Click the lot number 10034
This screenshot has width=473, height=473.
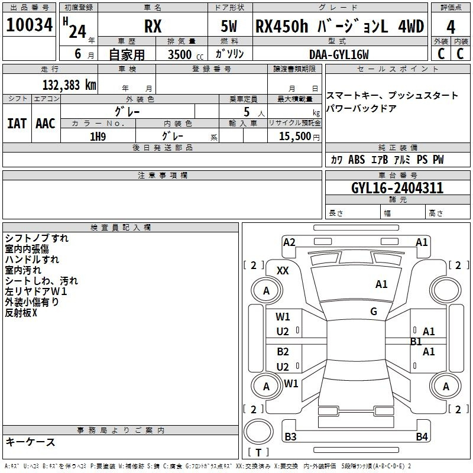pos(29,25)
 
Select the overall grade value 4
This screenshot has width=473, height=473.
pos(451,27)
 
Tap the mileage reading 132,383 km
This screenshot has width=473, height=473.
pos(69,85)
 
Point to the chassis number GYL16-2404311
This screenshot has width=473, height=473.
pos(397,188)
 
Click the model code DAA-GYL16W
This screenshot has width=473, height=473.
pos(339,54)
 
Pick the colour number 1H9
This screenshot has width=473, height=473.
pos(98,137)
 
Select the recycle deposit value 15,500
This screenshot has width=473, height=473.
pos(294,137)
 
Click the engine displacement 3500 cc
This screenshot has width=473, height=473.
pos(186,54)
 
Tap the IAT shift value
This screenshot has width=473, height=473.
pos(17,124)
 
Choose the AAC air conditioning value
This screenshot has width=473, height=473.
pos(46,124)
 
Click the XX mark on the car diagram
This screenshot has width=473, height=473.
pos(283,271)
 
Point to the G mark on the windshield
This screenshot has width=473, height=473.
pos(374,312)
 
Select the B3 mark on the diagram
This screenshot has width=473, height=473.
pos(290,436)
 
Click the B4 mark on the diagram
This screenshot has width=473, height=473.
pos(422,436)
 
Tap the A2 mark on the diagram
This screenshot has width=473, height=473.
pos(289,242)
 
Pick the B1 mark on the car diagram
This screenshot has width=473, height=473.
pos(416,342)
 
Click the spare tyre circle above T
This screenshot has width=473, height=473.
pos(258,432)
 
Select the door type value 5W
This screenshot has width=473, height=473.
pos(229,26)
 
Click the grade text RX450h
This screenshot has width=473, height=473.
pos(282,26)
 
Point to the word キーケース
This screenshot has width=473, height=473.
pos(30,442)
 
